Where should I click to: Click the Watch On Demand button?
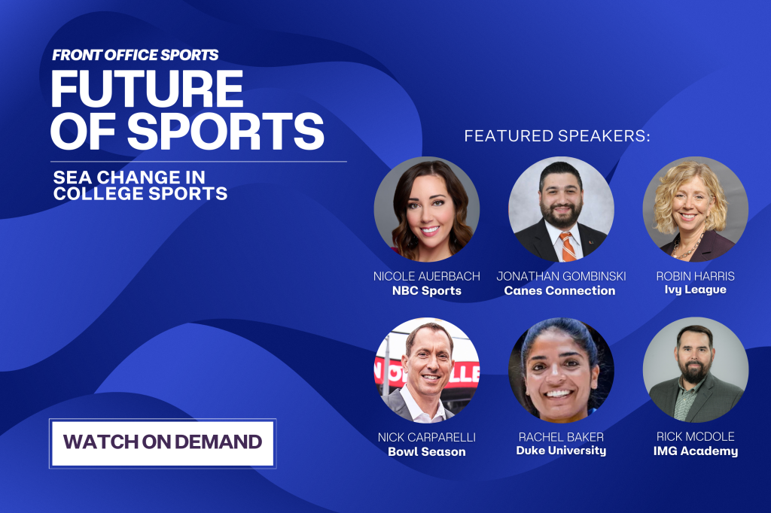click(x=163, y=443)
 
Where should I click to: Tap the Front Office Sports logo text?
click(x=136, y=55)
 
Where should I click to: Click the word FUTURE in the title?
click(x=147, y=89)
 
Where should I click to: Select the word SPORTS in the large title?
click(x=226, y=131)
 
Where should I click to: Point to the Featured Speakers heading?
click(x=557, y=136)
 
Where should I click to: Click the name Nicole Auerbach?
click(x=426, y=276)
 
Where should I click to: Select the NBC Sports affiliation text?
click(x=426, y=290)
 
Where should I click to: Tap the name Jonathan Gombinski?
click(x=561, y=276)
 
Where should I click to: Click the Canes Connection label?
click(x=559, y=290)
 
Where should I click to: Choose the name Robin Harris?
click(x=695, y=276)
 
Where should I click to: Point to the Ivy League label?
click(x=695, y=290)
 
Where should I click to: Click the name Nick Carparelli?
click(x=426, y=437)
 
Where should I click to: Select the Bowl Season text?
click(x=426, y=451)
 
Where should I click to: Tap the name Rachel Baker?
click(x=561, y=437)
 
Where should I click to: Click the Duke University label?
click(x=561, y=451)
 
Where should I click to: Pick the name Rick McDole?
click(x=695, y=436)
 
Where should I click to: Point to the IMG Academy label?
click(x=695, y=451)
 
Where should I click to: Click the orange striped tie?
click(x=568, y=247)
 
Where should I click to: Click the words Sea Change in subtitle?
click(x=130, y=178)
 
